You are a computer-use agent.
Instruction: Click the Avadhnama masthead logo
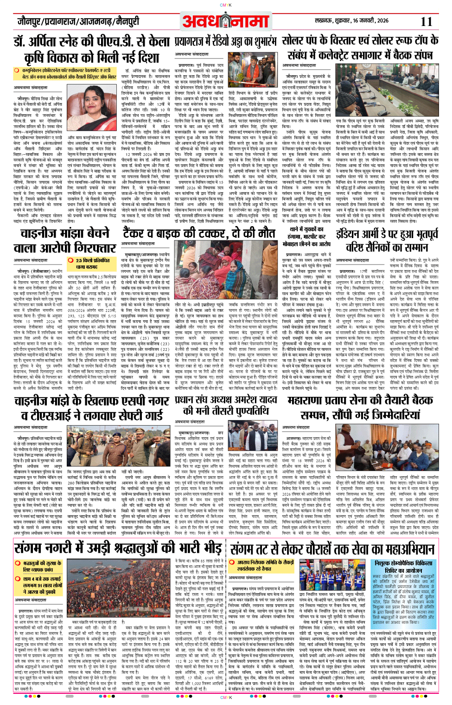pyautogui.click(x=226, y=21)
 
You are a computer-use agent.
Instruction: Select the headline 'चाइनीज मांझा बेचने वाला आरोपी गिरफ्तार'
pyautogui.click(x=65, y=240)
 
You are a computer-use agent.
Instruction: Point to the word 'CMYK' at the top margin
pyautogui.click(x=226, y=5)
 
